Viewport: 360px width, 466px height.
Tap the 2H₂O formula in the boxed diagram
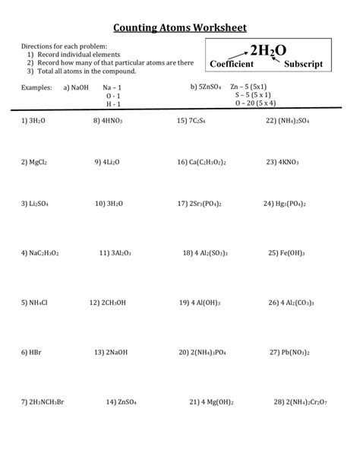266,50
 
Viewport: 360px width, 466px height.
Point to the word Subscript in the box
303,66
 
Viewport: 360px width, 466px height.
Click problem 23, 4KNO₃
285,162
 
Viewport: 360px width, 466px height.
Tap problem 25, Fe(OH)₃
288,253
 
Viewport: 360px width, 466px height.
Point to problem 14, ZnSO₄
122,401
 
